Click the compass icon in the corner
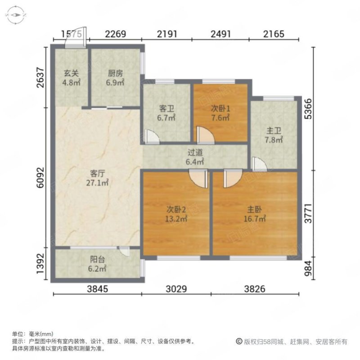16,15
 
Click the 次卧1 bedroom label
220,113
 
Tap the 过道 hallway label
195,157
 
